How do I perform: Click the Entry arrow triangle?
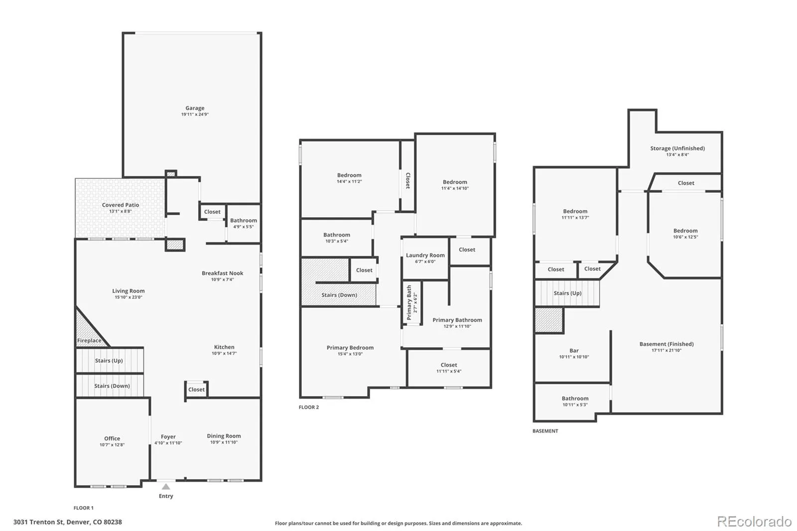point(166,487)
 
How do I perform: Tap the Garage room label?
point(195,108)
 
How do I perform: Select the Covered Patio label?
point(120,205)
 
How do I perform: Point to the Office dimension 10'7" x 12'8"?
point(112,444)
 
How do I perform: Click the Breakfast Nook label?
point(222,273)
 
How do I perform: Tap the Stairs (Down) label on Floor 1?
point(112,386)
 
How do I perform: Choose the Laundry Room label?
point(425,255)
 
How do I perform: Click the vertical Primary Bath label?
point(409,302)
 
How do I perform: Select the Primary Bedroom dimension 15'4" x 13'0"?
point(350,354)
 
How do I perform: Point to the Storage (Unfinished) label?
point(677,148)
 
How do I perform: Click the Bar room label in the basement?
point(574,351)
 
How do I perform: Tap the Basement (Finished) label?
point(666,344)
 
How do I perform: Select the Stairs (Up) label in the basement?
point(567,293)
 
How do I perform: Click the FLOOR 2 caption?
point(309,407)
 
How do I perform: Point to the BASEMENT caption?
point(545,431)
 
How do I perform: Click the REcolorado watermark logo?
point(754,522)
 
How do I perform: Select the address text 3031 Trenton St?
point(39,522)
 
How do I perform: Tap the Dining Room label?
point(224,436)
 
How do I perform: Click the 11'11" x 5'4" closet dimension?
point(449,371)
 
